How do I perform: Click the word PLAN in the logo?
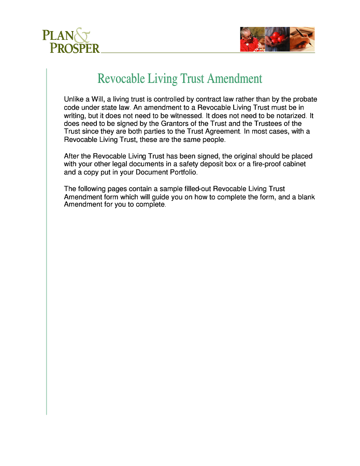58,36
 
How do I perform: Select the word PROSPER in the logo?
75,48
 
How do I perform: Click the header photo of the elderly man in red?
252,39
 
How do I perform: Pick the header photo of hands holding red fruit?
277,39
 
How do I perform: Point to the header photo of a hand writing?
302,39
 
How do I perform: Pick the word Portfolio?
182,172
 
